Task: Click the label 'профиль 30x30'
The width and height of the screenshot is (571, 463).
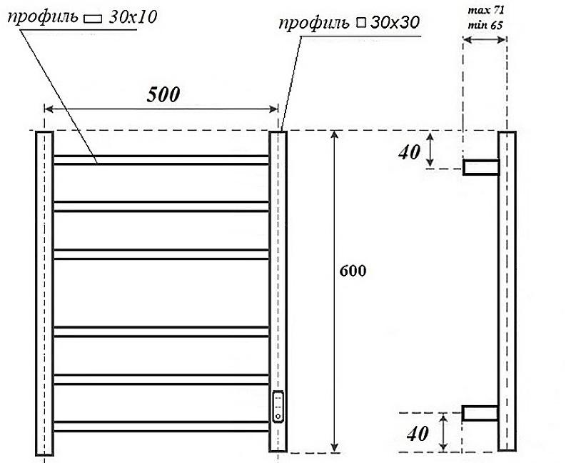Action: click(x=350, y=23)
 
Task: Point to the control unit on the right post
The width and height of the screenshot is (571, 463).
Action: click(x=278, y=407)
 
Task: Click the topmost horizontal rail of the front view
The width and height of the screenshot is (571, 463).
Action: click(x=161, y=160)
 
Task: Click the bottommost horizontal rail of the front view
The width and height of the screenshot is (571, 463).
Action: click(x=161, y=427)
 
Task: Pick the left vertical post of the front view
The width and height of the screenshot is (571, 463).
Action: click(x=44, y=293)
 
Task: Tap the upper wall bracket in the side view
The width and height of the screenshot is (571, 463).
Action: click(x=480, y=168)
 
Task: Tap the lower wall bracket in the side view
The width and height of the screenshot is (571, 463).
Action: click(x=480, y=412)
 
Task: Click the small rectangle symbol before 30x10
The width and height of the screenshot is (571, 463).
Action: click(x=94, y=17)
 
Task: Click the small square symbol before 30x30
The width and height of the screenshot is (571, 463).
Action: click(x=360, y=24)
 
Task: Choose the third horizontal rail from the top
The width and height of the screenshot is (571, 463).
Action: click(x=161, y=254)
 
